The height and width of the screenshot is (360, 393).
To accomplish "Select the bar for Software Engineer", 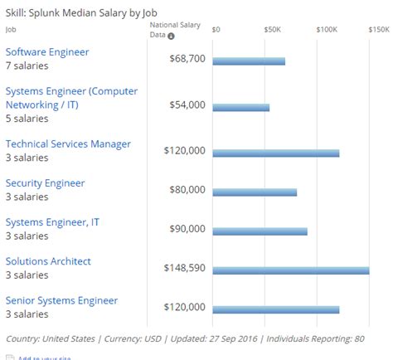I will [x=249, y=61].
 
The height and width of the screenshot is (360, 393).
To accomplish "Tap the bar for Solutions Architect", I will [x=291, y=270].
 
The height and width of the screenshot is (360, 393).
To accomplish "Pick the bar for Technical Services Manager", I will [x=276, y=153].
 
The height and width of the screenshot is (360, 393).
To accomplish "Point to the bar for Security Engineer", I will [x=255, y=192].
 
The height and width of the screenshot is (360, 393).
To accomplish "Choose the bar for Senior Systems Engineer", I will [x=276, y=309].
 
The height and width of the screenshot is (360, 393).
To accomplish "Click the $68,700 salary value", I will [x=186, y=60].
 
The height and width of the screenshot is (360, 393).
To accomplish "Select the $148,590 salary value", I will [x=183, y=268].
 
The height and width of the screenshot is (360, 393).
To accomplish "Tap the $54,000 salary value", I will [x=186, y=105].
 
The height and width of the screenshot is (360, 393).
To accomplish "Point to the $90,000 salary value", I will [x=186, y=229].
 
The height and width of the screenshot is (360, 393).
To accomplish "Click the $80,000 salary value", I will [x=186, y=190].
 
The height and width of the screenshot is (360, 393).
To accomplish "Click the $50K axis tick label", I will [x=272, y=29].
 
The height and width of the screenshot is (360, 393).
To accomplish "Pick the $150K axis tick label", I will [x=379, y=29].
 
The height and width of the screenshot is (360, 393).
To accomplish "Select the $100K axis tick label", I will [x=326, y=29].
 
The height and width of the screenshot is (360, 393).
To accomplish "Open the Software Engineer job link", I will [x=47, y=52].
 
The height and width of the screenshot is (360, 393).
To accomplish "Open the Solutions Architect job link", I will [x=48, y=261].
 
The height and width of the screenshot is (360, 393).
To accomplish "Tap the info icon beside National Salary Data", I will [x=172, y=36].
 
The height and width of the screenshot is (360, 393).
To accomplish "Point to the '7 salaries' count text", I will [x=27, y=66].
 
